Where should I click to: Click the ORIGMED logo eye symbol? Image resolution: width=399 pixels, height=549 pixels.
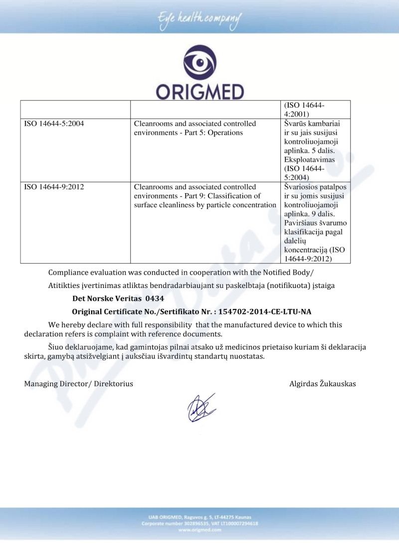pyautogui.click(x=199, y=63)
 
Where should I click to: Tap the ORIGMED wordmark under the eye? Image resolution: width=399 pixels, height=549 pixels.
pyautogui.click(x=199, y=91)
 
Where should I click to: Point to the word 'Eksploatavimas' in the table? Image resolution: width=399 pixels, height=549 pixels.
pyautogui.click(x=309, y=159)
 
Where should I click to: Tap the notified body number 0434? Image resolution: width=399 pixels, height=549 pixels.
pyautogui.click(x=154, y=298)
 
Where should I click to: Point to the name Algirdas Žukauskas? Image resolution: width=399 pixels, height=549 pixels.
pyautogui.click(x=322, y=383)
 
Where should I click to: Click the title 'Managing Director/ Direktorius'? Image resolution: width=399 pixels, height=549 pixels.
pyautogui.click(x=78, y=383)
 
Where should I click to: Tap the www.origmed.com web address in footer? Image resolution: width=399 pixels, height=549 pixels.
pyautogui.click(x=199, y=531)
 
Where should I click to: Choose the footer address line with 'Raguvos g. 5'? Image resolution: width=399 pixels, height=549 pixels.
pyautogui.click(x=199, y=517)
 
